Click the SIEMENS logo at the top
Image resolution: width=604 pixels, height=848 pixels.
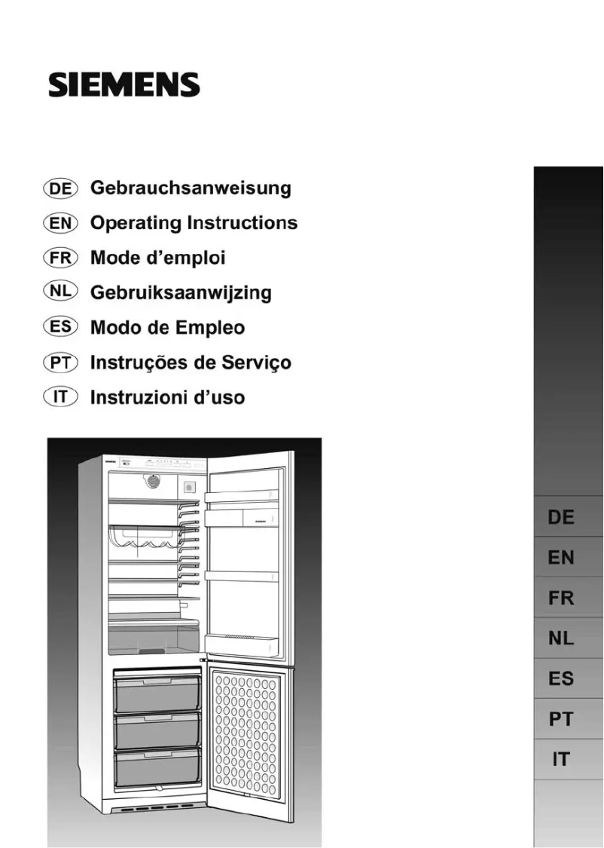(124, 84)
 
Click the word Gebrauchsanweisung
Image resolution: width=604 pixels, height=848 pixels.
(191, 188)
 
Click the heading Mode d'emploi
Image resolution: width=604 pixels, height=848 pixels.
(157, 258)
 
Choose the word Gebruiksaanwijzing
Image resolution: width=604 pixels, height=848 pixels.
(181, 292)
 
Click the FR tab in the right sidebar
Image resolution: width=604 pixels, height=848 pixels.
(561, 598)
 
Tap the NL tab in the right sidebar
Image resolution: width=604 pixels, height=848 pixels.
(561, 639)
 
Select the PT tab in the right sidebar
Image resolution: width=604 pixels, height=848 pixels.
(561, 720)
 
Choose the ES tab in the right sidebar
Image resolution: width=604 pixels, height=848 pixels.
(561, 679)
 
